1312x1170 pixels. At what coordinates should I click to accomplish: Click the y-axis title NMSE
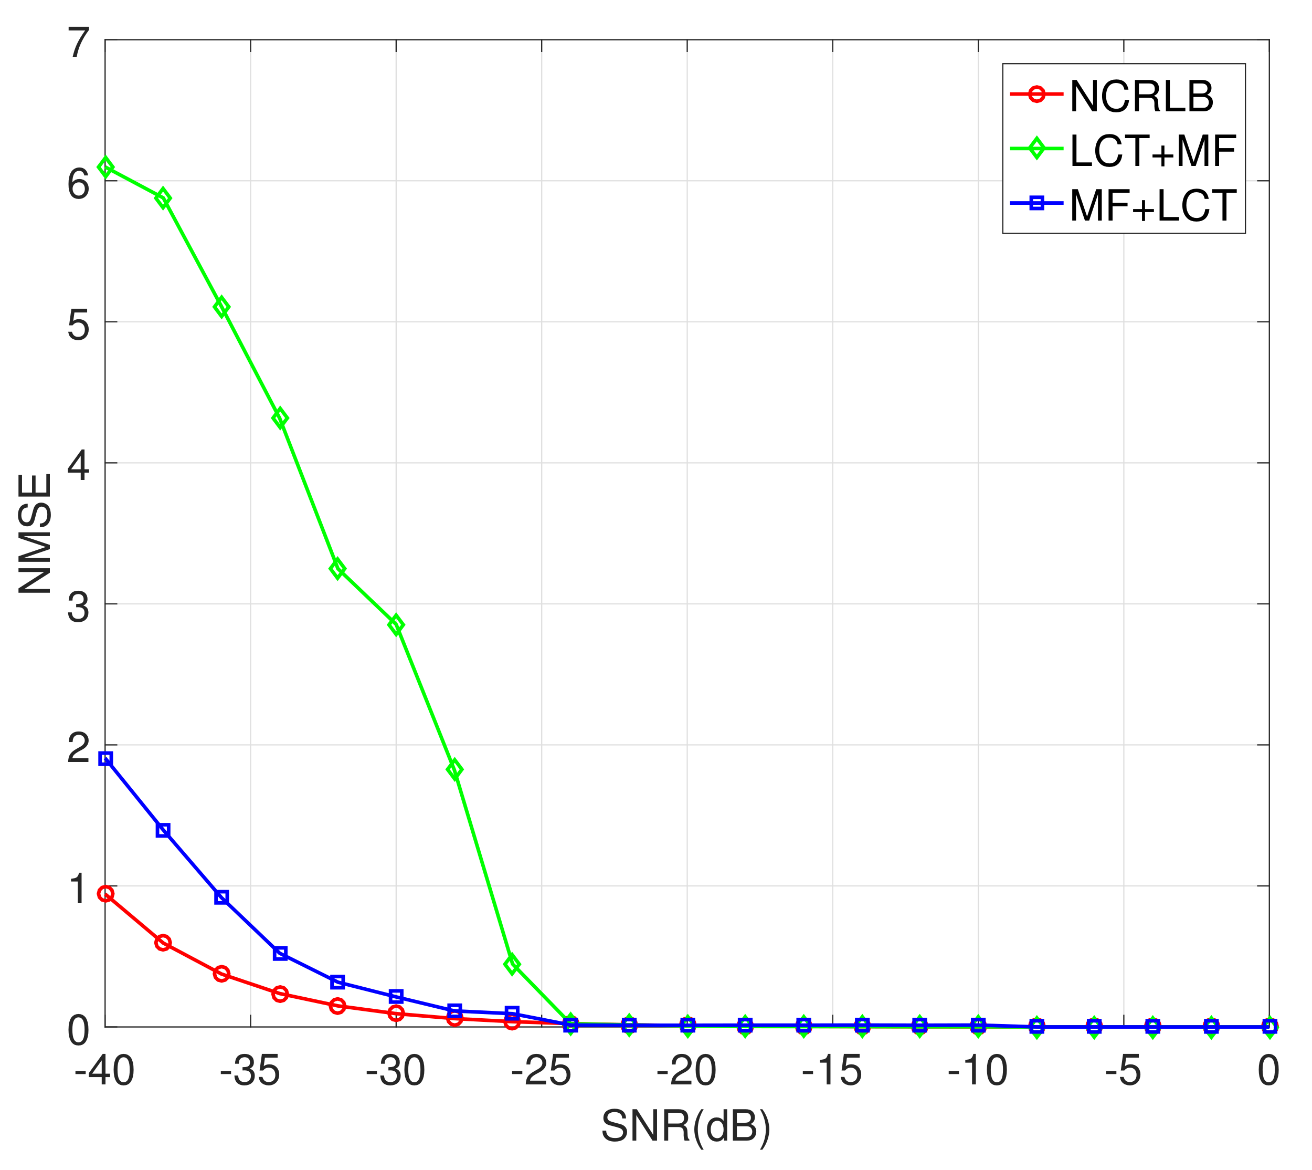[x=35, y=534]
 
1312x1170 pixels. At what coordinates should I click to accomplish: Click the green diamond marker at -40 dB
[x=105, y=167]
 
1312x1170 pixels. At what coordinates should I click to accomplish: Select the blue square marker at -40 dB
[x=105, y=759]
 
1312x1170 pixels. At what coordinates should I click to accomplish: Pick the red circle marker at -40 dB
[x=105, y=894]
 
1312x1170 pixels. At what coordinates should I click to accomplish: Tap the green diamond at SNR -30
[x=396, y=624]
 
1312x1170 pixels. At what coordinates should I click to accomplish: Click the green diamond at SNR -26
[x=512, y=964]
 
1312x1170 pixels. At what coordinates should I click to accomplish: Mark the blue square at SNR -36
[x=221, y=897]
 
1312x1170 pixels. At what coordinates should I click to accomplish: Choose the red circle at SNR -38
[x=163, y=943]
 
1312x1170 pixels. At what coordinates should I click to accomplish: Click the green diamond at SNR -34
[x=280, y=418]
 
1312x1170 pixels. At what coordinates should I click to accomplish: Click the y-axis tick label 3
[x=78, y=608]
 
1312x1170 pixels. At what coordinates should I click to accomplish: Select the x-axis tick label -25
[x=541, y=1071]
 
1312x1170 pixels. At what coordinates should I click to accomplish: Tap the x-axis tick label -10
[x=977, y=1071]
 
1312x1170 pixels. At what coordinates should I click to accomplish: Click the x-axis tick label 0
[x=1268, y=1071]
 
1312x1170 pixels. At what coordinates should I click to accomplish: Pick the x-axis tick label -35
[x=250, y=1071]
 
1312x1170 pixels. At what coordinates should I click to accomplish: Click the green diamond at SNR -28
[x=454, y=769]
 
